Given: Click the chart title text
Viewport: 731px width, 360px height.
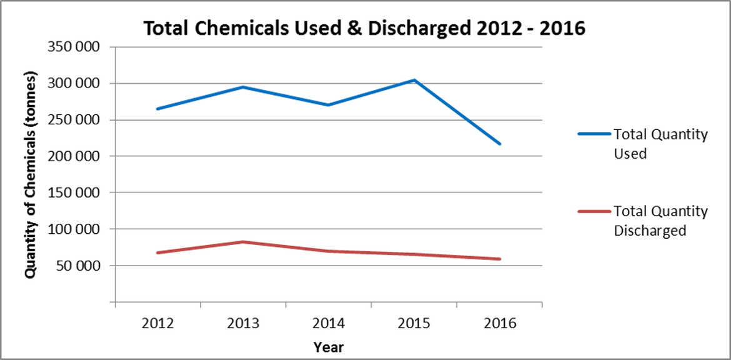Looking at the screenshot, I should point(365,28).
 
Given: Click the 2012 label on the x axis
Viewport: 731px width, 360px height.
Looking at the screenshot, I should point(157,324).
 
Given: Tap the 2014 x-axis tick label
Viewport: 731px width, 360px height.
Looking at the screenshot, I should point(328,324).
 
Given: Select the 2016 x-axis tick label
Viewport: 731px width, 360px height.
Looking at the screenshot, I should point(499,324).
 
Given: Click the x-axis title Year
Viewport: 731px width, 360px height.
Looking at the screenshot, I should point(328,346).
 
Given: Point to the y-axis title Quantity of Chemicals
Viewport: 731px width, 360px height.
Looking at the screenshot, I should point(30,175).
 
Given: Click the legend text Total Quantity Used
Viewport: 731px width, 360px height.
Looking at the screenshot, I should point(660,144).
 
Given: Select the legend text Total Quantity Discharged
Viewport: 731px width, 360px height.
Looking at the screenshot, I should point(660,221).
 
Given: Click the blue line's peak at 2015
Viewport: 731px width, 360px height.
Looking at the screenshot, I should point(414,80).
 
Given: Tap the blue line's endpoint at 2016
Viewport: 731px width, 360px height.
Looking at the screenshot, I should point(499,144).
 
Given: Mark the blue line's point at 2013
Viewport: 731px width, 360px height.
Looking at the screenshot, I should point(242,87).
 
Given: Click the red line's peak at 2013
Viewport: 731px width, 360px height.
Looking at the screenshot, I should point(242,242).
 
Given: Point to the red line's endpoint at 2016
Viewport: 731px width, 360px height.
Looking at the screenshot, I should point(499,259).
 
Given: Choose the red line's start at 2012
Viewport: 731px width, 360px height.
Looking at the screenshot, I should point(157,252).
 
